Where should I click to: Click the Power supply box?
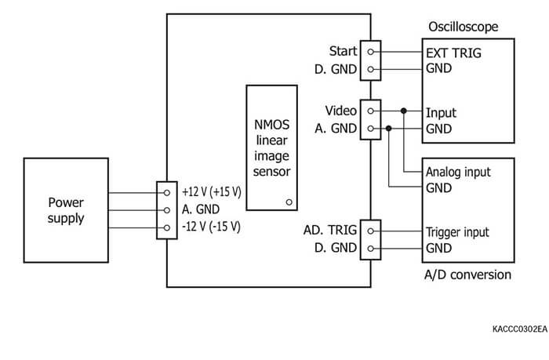click(66, 209)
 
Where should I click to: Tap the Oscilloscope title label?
click(462, 27)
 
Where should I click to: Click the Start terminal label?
click(343, 52)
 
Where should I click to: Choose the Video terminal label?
click(341, 111)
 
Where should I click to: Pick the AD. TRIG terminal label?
click(330, 231)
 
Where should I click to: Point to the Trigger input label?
click(457, 232)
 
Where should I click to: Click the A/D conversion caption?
click(468, 275)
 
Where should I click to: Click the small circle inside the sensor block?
click(289, 202)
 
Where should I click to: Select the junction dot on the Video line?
click(404, 111)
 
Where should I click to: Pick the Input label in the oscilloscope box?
click(440, 112)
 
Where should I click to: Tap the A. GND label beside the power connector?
click(200, 209)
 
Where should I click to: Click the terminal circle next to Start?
click(369, 53)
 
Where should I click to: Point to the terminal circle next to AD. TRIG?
click(369, 231)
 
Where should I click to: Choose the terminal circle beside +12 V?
click(167, 191)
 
